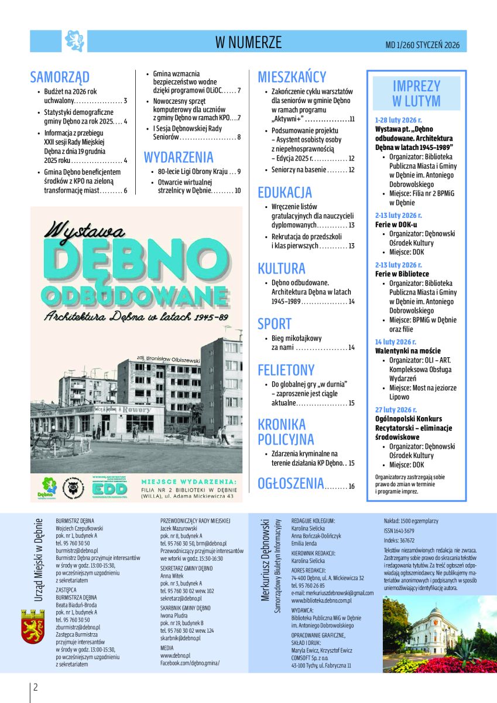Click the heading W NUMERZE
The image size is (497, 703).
click(248, 42)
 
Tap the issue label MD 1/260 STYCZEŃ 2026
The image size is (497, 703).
click(422, 45)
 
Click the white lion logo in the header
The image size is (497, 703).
click(74, 41)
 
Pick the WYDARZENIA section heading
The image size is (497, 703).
click(179, 157)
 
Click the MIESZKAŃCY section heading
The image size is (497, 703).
click(292, 77)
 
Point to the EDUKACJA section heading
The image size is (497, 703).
click(285, 192)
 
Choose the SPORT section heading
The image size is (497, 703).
click(275, 324)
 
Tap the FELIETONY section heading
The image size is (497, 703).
click(286, 370)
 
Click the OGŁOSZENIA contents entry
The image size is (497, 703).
click(291, 483)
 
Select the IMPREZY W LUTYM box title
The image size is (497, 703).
click(416, 93)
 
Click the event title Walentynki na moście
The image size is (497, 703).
click(408, 351)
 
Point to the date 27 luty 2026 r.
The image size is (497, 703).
click(396, 409)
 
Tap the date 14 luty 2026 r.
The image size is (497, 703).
click(396, 342)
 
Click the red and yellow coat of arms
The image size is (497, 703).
click(33, 627)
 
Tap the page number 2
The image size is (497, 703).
click(36, 687)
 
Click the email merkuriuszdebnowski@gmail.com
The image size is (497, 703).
click(332, 593)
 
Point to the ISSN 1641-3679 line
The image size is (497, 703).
click(399, 531)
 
